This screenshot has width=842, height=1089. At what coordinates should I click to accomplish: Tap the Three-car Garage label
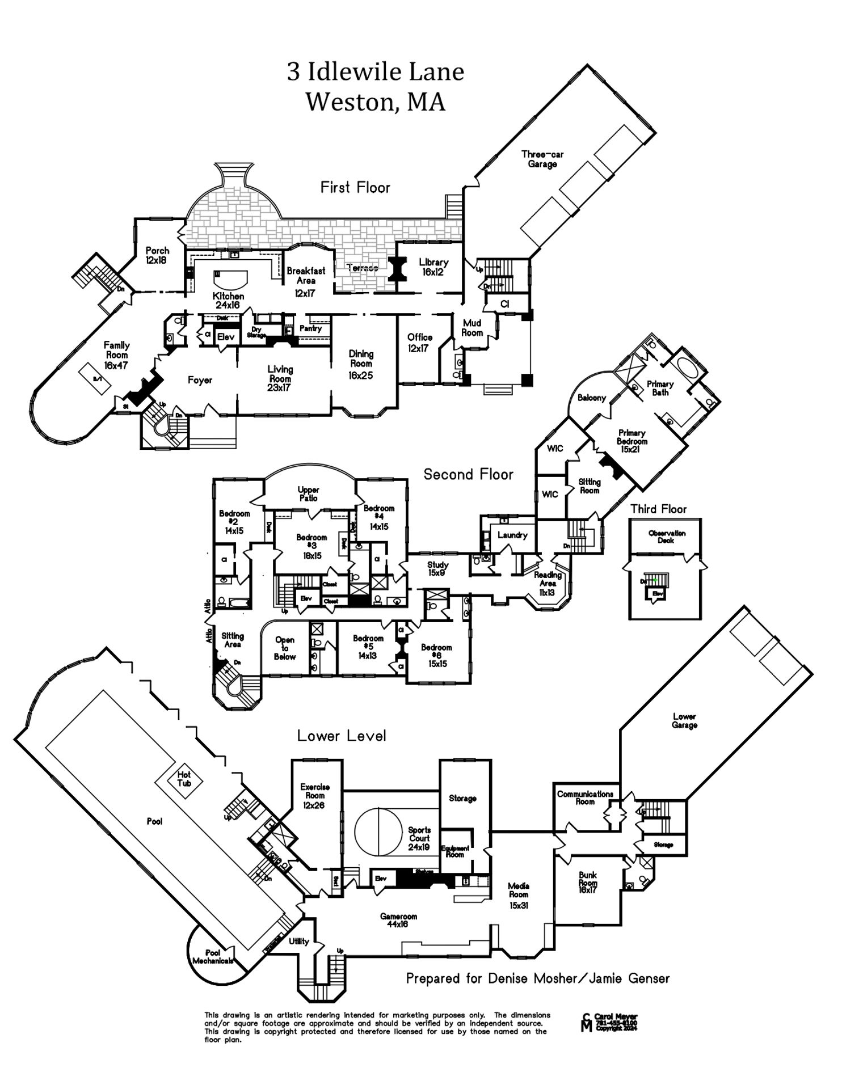click(542, 159)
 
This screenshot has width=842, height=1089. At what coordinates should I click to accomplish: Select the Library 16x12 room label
click(433, 267)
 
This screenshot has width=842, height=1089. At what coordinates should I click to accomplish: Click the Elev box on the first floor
click(226, 336)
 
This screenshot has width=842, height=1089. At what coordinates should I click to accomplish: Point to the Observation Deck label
click(667, 536)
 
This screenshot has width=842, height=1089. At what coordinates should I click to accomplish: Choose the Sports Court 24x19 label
click(419, 838)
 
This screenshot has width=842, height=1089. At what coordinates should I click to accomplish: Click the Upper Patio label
click(308, 493)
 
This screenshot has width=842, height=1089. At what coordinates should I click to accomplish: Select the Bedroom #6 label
click(436, 655)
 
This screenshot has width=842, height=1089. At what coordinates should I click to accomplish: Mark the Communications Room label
click(585, 797)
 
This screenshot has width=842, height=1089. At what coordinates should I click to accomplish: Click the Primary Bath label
click(660, 388)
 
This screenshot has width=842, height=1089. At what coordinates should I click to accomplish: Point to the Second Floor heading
click(468, 474)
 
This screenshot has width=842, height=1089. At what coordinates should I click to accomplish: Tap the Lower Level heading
click(342, 736)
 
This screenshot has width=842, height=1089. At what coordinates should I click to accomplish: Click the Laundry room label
click(512, 534)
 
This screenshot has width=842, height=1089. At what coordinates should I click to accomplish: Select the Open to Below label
click(285, 648)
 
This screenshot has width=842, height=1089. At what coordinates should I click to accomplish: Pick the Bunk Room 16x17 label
click(588, 883)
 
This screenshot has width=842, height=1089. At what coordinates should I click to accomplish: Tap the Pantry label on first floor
click(310, 328)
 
